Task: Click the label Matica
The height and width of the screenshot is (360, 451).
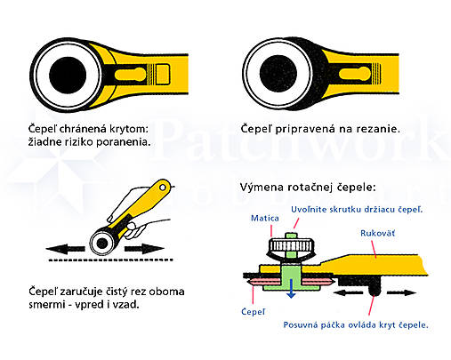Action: click(265, 219)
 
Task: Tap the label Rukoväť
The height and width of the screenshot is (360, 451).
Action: click(377, 233)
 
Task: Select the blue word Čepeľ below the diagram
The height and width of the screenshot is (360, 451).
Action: click(253, 312)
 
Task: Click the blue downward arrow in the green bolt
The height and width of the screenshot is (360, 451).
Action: click(292, 289)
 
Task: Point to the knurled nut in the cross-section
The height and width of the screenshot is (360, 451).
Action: click(291, 246)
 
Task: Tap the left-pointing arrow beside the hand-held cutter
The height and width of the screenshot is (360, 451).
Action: click(65, 249)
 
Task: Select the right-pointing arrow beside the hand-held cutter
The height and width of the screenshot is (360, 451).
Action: click(144, 249)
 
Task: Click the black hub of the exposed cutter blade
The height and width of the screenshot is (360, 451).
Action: click(278, 74)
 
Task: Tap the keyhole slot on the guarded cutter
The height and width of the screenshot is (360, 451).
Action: click(130, 75)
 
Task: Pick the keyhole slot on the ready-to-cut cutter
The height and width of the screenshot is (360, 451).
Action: click(355, 74)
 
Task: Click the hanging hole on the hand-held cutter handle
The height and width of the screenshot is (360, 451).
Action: click(163, 188)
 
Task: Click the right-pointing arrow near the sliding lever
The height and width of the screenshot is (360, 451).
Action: click(402, 292)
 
